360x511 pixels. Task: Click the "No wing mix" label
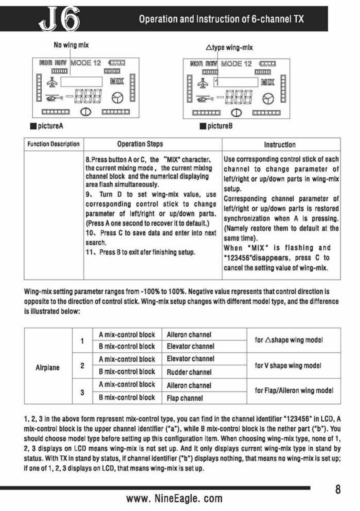(71, 45)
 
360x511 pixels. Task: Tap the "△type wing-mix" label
(229, 48)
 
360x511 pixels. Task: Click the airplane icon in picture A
(52, 82)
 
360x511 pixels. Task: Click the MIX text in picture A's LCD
(117, 81)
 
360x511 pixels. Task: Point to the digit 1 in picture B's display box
(217, 82)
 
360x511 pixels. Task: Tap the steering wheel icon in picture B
(268, 99)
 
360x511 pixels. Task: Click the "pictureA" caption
(50, 126)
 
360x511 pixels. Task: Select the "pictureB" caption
(220, 126)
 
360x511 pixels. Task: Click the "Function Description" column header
(54, 144)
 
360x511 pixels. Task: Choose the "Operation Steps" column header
(140, 144)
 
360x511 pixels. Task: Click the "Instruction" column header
(280, 144)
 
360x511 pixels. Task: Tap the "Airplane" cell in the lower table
(48, 367)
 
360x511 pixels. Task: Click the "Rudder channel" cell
(189, 372)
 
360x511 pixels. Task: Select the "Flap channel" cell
(185, 398)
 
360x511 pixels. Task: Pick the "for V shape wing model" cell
(288, 365)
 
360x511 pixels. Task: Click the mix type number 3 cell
(82, 392)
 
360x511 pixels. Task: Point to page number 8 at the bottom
(338, 489)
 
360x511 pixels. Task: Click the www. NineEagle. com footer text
(174, 498)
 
